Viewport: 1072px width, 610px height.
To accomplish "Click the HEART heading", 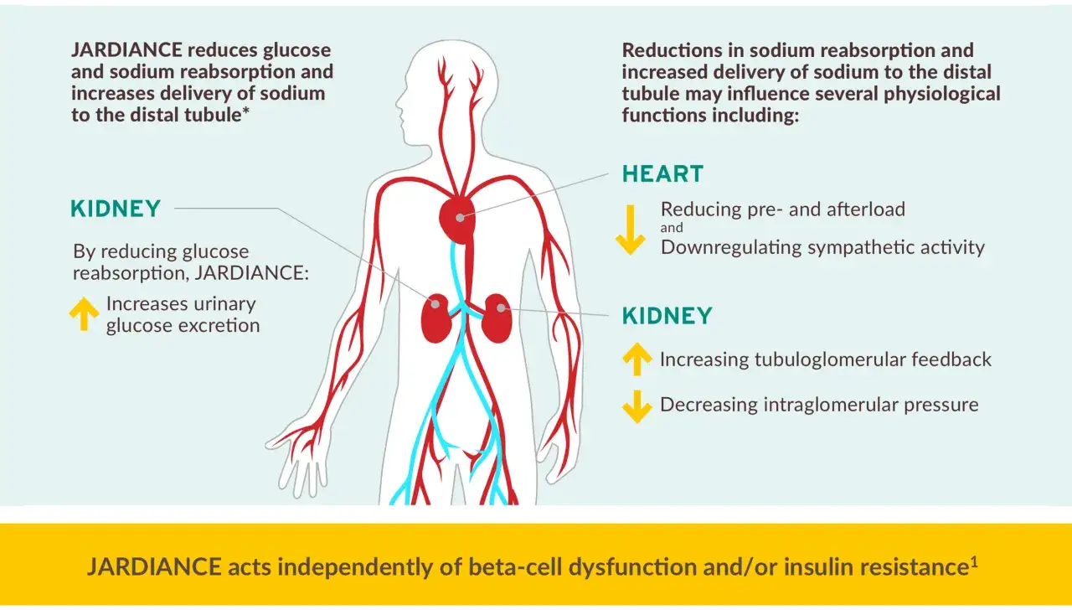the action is pos(662,173).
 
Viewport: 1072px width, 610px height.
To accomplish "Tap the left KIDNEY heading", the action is pos(116,209).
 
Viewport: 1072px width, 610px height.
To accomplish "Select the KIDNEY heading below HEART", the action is pos(667,316).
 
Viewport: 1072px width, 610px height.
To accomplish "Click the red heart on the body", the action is pos(457,220).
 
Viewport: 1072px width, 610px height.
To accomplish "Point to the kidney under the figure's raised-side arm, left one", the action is pos(435,318).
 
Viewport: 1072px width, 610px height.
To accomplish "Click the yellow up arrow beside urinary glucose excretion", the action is pos(84,313).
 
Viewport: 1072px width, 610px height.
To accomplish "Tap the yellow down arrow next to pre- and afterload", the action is pos(631,230).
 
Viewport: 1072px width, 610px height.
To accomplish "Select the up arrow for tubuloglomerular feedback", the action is pos(637,359).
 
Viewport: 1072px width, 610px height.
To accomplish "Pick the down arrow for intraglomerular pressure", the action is pos(637,406).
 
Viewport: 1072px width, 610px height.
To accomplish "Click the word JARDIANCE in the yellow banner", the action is pos(154,567).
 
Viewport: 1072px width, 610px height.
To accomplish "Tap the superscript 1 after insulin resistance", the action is pos(973,561).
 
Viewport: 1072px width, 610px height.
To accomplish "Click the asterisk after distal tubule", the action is pos(245,111).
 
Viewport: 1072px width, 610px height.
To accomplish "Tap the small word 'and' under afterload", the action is pos(672,228).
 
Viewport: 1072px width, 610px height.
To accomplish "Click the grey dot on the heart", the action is pos(460,218).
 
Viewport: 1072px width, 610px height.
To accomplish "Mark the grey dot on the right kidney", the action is pos(501,308).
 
